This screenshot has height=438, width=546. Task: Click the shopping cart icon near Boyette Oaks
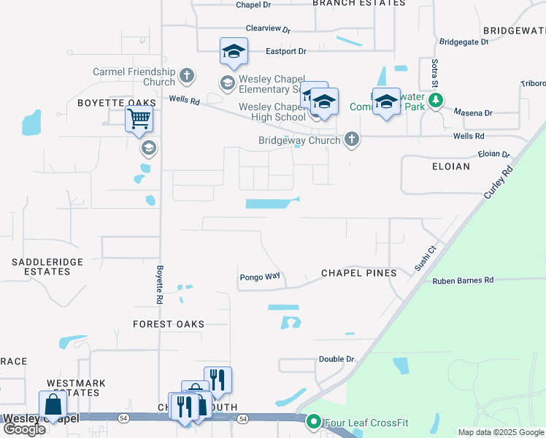pyautogui.click(x=139, y=118)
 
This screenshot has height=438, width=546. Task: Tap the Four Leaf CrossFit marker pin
pyautogui.click(x=315, y=421)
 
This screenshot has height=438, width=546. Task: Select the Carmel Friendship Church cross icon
pyautogui.click(x=187, y=75)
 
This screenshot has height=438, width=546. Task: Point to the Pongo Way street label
pyautogui.click(x=260, y=277)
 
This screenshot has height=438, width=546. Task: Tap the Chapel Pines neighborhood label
pyautogui.click(x=359, y=273)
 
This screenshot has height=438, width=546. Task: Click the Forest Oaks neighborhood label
pyautogui.click(x=169, y=324)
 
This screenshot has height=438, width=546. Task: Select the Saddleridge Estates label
pyautogui.click(x=47, y=266)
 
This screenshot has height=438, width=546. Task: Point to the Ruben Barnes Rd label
pyautogui.click(x=463, y=280)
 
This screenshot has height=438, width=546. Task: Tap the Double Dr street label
pyautogui.click(x=336, y=359)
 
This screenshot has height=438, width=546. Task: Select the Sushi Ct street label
pyautogui.click(x=425, y=258)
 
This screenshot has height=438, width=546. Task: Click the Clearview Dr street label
pyautogui.click(x=268, y=30)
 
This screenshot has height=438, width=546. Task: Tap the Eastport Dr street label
pyautogui.click(x=285, y=52)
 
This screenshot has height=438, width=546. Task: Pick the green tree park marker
pyautogui.click(x=436, y=100)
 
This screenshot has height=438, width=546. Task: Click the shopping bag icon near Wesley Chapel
pyautogui.click(x=53, y=404)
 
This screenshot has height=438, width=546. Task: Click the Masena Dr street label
pyautogui.click(x=473, y=113)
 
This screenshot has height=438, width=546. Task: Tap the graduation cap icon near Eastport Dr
pyautogui.click(x=234, y=51)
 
